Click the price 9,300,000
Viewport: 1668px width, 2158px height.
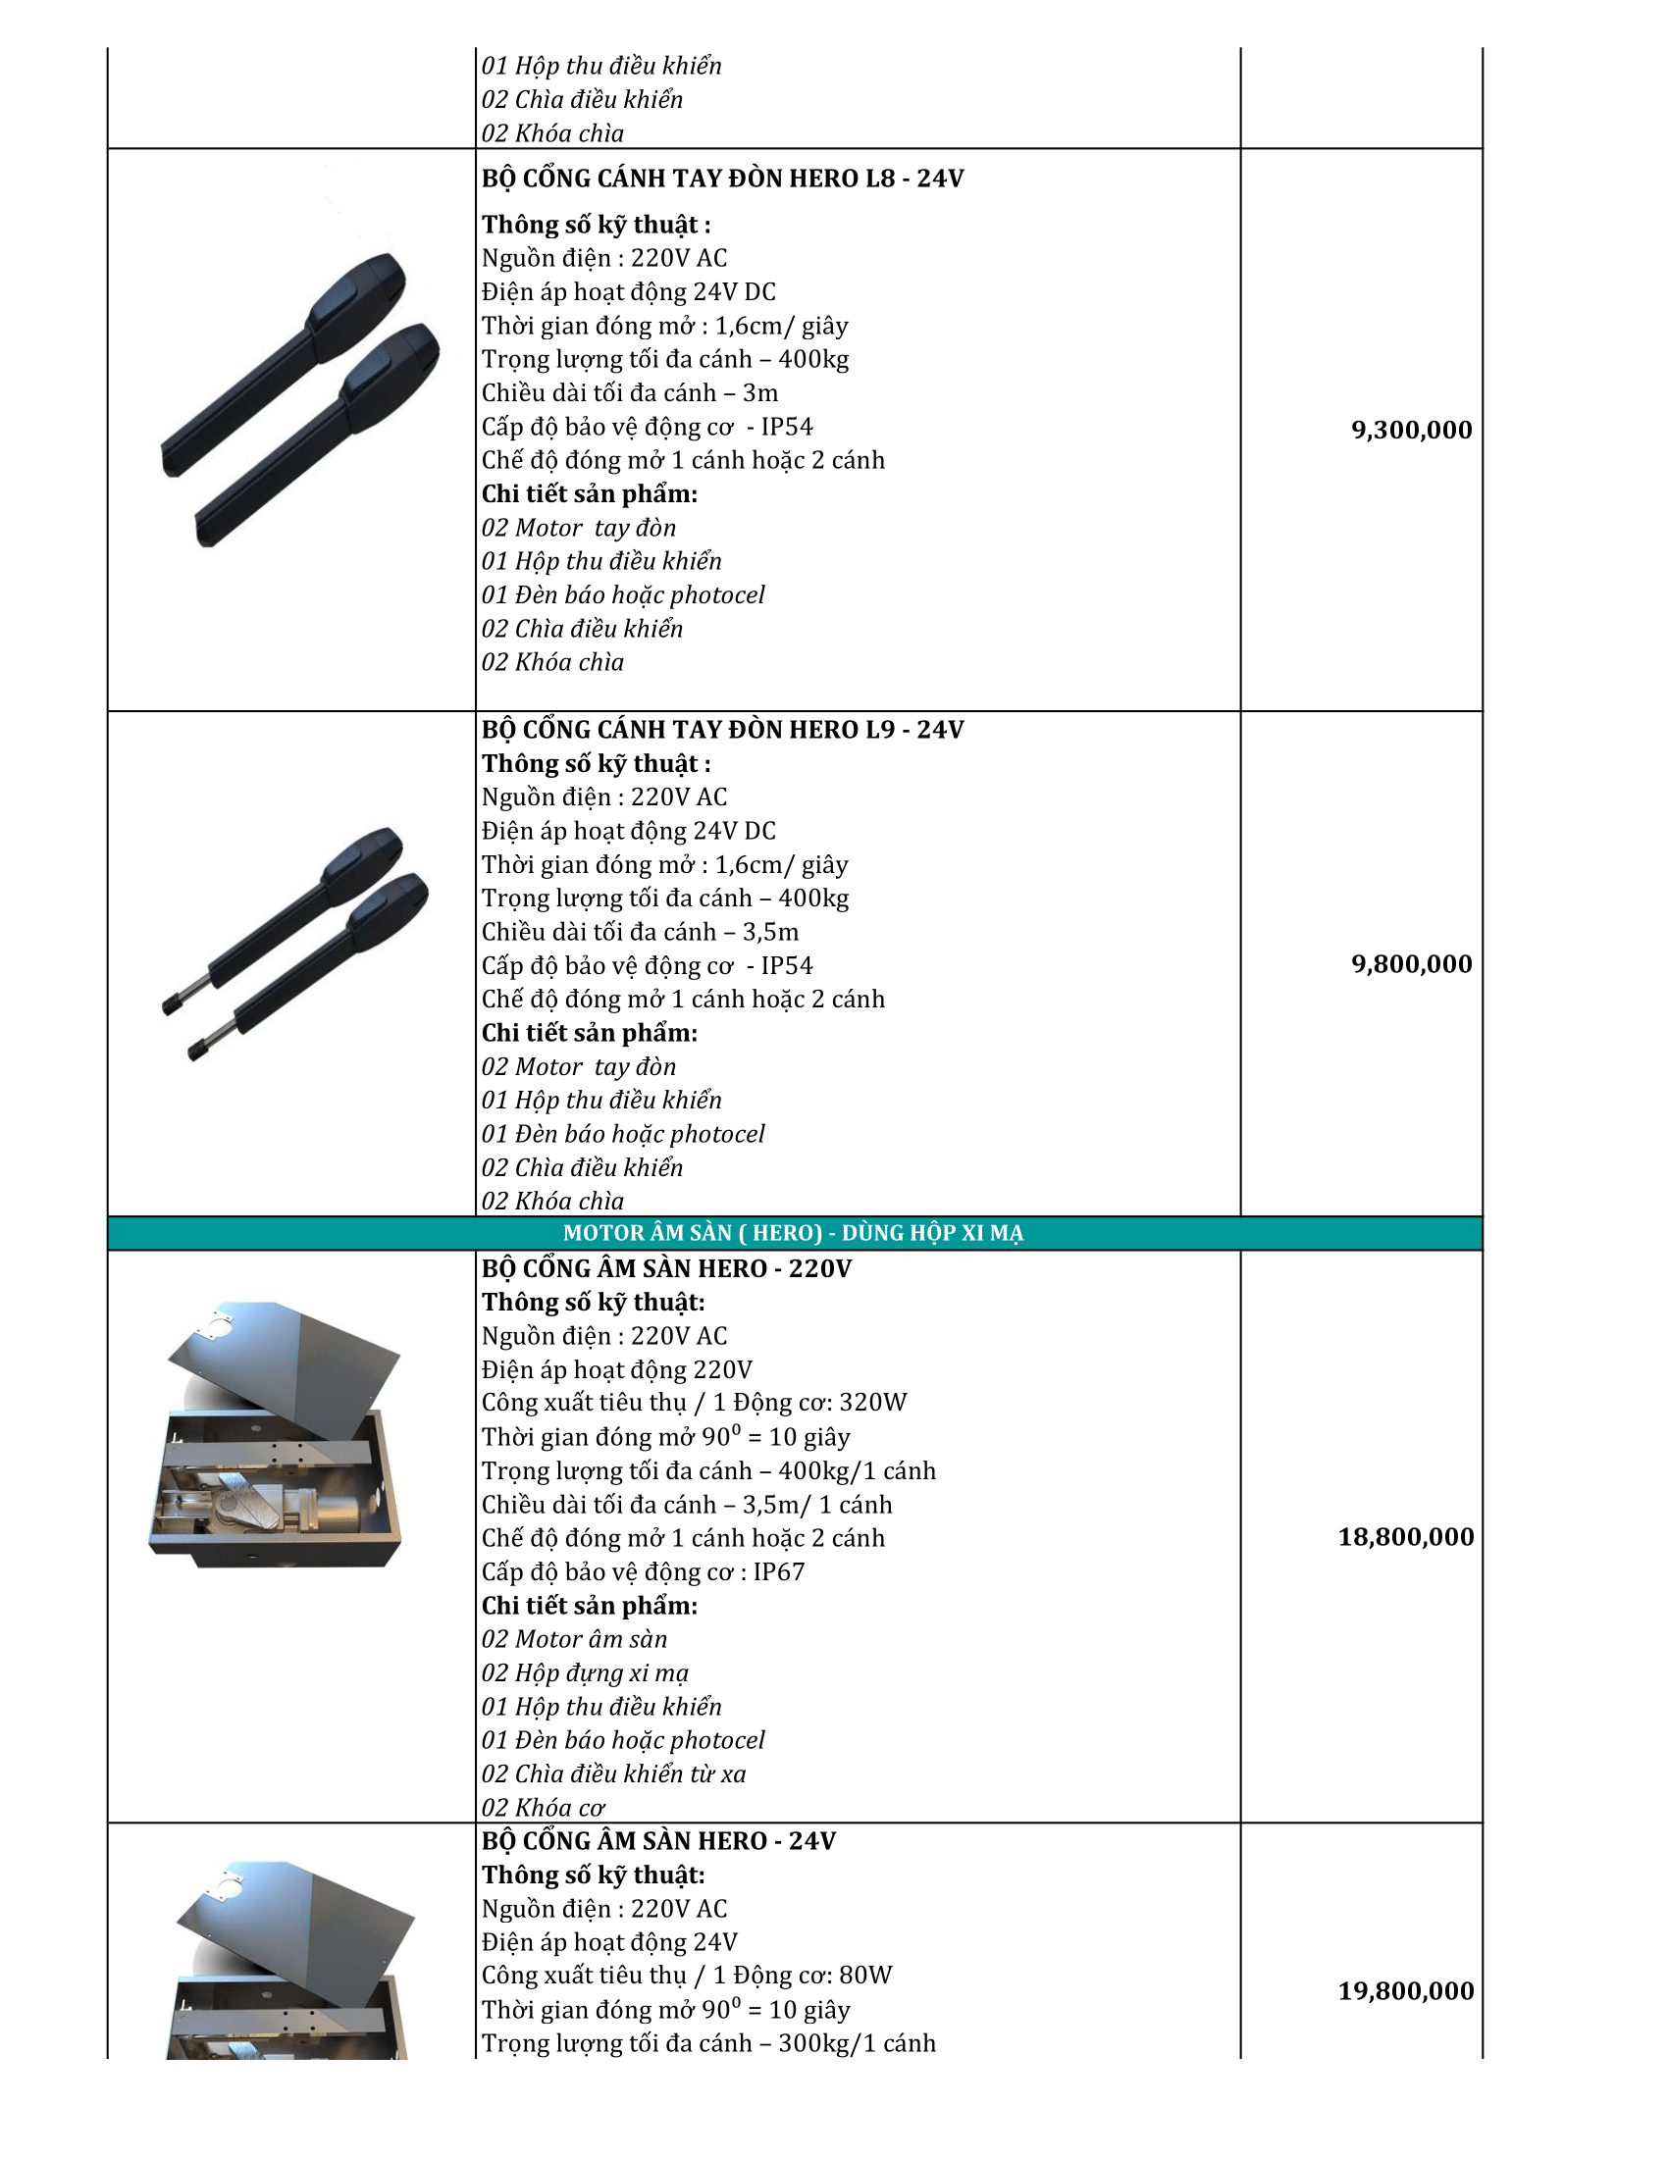coord(1411,430)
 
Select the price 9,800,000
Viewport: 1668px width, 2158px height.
coord(1411,963)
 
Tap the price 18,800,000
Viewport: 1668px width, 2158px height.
coord(1405,1536)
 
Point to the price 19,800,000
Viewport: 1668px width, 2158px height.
coord(1405,1991)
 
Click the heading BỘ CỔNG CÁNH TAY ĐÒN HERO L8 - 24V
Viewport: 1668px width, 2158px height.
coord(722,179)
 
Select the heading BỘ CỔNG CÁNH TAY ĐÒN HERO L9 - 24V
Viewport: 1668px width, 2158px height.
coord(722,730)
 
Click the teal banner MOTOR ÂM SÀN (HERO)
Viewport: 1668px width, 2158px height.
coord(794,1233)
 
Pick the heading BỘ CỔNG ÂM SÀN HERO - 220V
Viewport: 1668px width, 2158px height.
coord(666,1268)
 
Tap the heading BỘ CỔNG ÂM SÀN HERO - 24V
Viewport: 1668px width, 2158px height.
coord(658,1842)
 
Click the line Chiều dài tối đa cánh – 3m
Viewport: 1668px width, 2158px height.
coord(630,393)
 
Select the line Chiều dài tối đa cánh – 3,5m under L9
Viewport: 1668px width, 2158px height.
coord(640,932)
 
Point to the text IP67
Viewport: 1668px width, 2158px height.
coord(779,1572)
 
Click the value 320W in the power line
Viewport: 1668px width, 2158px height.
coord(872,1403)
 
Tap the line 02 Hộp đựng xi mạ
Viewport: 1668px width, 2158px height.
coord(585,1672)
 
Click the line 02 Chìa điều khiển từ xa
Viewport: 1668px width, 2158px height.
coord(613,1773)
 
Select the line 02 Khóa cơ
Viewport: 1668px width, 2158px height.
coord(543,1807)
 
